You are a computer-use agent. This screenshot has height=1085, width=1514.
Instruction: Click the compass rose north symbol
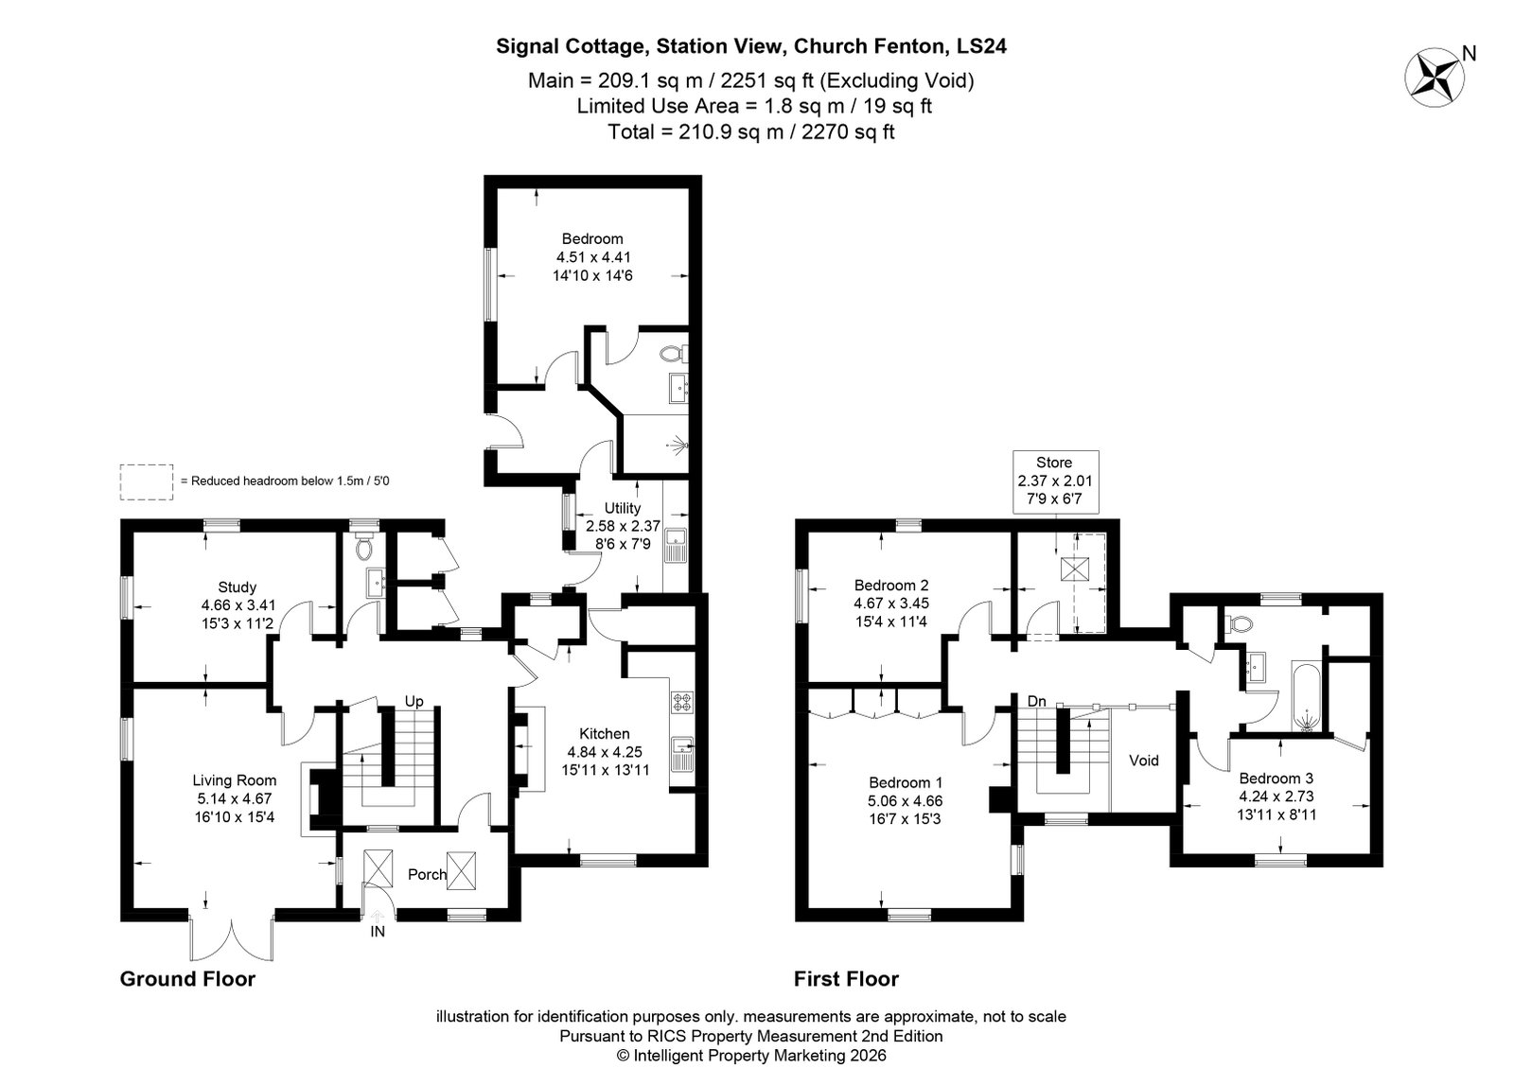coord(1435,77)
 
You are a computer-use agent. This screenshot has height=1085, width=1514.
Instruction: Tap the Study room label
coord(238,586)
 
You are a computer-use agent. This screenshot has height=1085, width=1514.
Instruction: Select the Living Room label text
coord(235,780)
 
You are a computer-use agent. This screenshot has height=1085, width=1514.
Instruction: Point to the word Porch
coord(427,874)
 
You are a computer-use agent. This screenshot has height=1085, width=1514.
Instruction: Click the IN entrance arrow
coord(378,916)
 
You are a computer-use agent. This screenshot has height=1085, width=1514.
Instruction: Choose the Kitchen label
coord(605,733)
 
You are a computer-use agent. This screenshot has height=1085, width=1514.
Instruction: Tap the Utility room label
coord(623,507)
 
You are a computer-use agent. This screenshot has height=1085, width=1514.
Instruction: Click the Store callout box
coord(1055,481)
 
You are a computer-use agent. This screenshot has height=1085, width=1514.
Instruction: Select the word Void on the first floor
coord(1144,760)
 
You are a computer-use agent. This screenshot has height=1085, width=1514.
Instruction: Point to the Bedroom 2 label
coord(891,585)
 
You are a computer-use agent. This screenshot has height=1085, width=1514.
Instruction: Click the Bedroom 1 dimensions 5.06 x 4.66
coord(905,800)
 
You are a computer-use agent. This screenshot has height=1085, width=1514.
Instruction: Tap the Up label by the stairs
coord(414,701)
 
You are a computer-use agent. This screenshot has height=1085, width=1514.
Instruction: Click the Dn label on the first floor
coord(1037,701)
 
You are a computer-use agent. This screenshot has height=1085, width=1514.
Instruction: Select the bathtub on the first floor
coord(1307,697)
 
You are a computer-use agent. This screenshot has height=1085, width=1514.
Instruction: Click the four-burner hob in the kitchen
coord(681,702)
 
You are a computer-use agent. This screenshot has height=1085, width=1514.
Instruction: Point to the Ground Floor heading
coord(188,979)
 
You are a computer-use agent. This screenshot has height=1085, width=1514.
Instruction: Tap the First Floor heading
coord(846,979)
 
